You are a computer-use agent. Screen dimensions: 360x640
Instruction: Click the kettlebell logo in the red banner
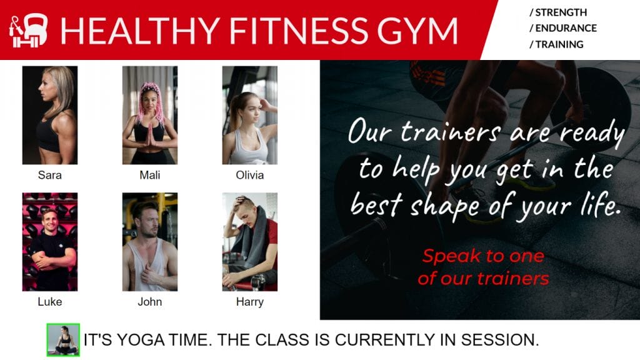tap(29, 31)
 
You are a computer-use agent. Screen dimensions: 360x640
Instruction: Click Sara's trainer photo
tap(50, 115)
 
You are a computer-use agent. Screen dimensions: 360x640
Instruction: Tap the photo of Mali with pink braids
tap(150, 115)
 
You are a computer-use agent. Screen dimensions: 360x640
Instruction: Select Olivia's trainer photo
tap(250, 115)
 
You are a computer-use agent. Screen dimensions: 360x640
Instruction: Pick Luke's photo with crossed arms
tap(50, 242)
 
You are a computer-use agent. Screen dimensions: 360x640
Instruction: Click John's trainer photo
tap(150, 242)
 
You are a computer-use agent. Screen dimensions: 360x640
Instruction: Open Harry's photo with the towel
tap(250, 242)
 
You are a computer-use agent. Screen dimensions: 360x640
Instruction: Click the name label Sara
tap(50, 176)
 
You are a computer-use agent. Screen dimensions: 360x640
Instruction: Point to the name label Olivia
tap(250, 176)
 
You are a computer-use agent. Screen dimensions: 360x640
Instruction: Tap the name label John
tap(150, 302)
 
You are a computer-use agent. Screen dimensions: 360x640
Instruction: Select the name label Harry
tap(250, 302)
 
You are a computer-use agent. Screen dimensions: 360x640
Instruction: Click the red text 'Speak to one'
tap(483, 256)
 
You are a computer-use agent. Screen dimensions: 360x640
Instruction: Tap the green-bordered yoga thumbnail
tap(63, 340)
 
